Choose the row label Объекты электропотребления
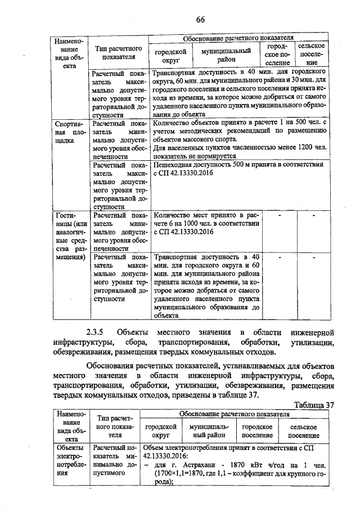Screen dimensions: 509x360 click(x=70, y=461)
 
